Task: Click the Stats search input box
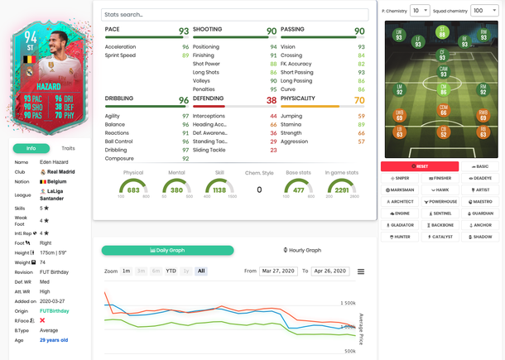(x=236, y=15)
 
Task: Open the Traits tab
(x=68, y=148)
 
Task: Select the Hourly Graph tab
(x=302, y=250)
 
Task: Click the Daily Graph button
(x=167, y=250)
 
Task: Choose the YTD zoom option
(x=171, y=271)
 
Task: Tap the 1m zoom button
(x=126, y=271)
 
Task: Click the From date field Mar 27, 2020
(x=278, y=271)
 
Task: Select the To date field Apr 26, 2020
(x=329, y=271)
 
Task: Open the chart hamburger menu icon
(x=361, y=271)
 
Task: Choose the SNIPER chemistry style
(x=400, y=178)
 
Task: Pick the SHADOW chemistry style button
(x=479, y=236)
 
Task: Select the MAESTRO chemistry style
(x=479, y=201)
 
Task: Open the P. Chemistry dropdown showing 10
(x=420, y=11)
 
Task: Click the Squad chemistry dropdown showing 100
(x=484, y=11)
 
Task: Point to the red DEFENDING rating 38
(x=272, y=99)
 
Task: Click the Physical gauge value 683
(x=133, y=190)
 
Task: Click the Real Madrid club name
(x=60, y=171)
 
